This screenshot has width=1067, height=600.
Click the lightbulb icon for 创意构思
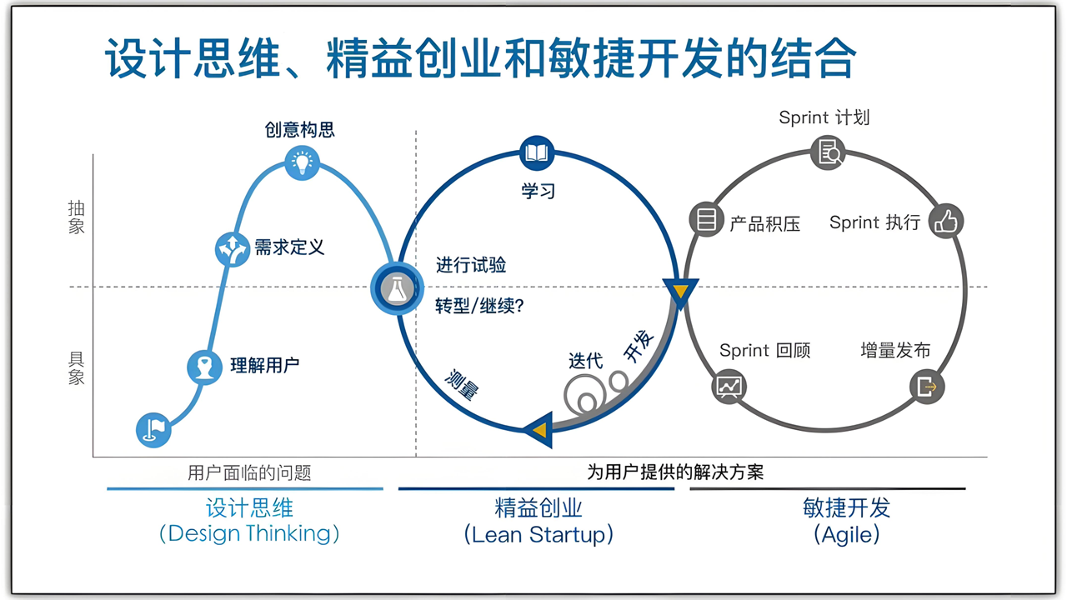(x=303, y=162)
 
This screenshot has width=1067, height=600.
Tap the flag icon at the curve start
(x=153, y=430)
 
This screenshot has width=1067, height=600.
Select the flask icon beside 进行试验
(x=395, y=288)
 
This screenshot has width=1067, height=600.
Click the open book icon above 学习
(x=537, y=153)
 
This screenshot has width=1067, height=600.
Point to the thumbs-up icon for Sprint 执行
(x=946, y=221)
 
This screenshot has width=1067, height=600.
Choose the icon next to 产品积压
(x=706, y=220)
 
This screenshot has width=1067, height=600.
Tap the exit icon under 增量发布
(x=927, y=387)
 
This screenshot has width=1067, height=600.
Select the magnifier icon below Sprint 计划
(x=828, y=152)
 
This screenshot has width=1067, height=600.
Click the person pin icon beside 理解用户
(x=204, y=367)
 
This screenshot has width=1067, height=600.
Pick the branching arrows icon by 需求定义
(x=233, y=248)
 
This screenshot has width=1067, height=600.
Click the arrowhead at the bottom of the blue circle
(x=539, y=429)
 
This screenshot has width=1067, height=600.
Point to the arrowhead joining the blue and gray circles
(x=680, y=292)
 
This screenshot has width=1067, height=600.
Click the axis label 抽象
(x=77, y=217)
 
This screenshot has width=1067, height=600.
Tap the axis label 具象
(x=77, y=367)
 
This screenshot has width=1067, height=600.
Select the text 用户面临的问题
(x=249, y=473)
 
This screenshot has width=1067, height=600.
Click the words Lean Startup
(x=539, y=534)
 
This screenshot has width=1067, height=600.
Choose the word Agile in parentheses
(x=846, y=534)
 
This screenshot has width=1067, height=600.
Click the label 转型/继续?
(x=480, y=306)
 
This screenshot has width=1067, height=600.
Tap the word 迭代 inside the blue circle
(x=585, y=361)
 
